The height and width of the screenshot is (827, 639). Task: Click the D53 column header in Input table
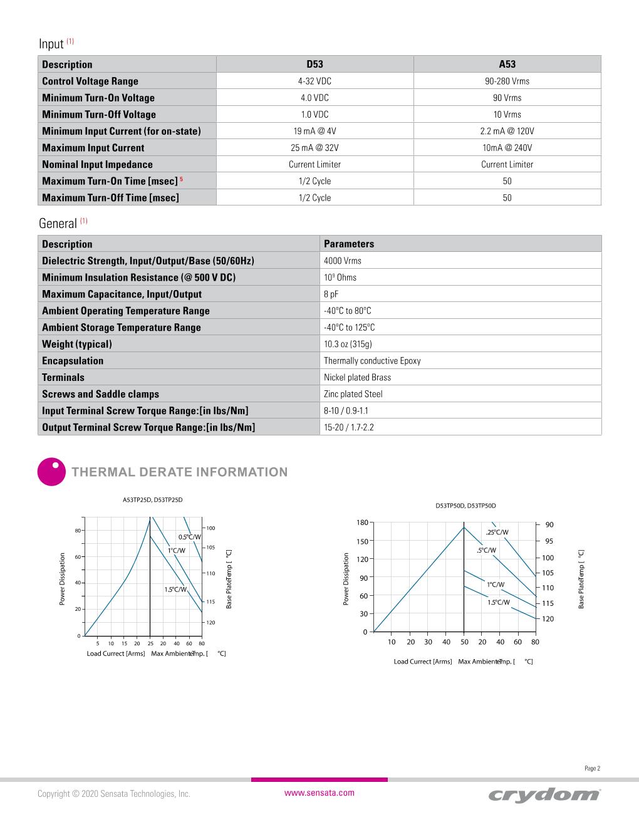point(314,64)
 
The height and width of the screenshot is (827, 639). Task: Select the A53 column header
point(507,64)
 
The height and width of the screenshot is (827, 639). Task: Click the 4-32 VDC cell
point(314,81)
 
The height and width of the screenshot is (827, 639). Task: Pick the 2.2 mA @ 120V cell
point(507,131)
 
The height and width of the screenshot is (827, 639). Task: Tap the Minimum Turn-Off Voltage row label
point(99,115)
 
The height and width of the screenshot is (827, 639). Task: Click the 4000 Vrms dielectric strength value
point(343,261)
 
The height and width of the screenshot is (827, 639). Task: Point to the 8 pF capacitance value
point(331,294)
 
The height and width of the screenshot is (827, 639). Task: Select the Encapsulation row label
point(73,361)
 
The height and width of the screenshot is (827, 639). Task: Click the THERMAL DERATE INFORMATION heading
point(180,472)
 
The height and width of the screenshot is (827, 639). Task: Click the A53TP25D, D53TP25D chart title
point(152,500)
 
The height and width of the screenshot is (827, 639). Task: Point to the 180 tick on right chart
point(362,523)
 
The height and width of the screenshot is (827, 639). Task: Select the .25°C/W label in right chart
point(497,533)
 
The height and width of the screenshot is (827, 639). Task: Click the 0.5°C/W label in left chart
point(189,537)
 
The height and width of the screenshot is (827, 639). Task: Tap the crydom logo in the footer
point(544,794)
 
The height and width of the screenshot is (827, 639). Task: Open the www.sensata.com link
point(319,793)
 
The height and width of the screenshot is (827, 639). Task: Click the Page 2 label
point(592,769)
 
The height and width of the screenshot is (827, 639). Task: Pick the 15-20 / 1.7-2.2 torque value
point(349,427)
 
